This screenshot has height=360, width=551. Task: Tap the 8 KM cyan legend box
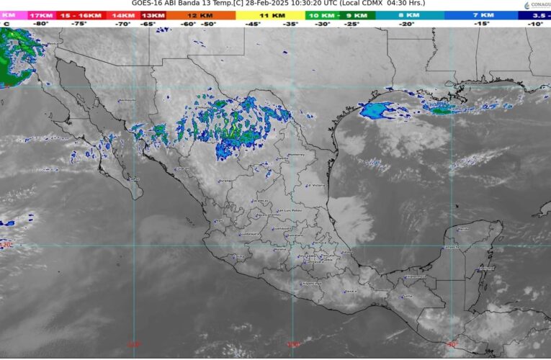click(x=409, y=14)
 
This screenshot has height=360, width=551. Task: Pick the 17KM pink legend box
click(x=40, y=14)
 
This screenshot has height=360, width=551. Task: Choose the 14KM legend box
click(x=123, y=14)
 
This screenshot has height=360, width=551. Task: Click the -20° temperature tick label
click(x=407, y=24)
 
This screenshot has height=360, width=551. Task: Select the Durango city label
click(x=226, y=181)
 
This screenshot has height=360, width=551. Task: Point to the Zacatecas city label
click(x=261, y=201)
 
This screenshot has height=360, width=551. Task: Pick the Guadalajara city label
click(x=248, y=234)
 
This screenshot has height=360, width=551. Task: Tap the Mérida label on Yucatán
click(x=462, y=229)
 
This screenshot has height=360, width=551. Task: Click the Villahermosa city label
click(x=416, y=276)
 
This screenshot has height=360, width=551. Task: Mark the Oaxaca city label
click(x=351, y=291)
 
